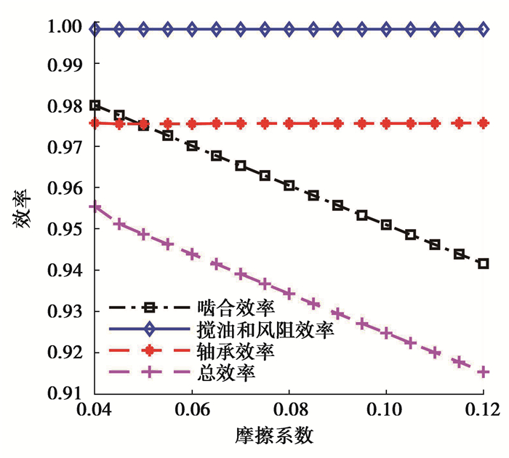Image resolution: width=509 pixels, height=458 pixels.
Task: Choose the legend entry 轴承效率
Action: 225,352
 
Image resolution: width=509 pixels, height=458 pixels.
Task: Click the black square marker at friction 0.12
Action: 483,263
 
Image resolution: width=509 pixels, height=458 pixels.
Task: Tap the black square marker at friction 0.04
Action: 95,105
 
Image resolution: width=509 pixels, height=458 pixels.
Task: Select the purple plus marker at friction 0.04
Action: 95,207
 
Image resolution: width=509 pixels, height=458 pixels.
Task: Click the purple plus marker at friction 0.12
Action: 483,372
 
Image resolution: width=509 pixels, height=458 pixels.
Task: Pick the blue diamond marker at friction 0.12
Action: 483,29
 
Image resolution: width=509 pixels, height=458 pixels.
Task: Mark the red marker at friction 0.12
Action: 483,124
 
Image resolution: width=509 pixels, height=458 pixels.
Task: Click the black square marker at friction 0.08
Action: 289,185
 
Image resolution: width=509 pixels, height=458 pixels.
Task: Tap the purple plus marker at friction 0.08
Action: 289,294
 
